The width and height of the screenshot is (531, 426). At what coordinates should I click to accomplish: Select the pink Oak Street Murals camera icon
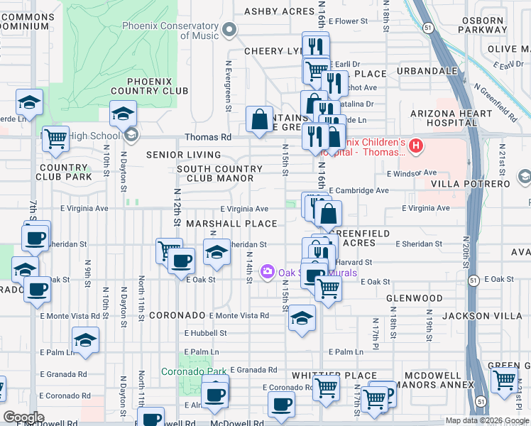268,271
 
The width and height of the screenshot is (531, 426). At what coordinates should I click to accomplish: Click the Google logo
24,417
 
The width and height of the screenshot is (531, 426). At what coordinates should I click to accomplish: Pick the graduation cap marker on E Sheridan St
217,251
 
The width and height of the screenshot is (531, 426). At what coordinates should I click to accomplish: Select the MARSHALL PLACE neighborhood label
231,224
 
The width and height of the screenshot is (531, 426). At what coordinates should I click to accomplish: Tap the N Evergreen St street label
229,84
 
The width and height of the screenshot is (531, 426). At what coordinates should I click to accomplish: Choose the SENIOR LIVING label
184,155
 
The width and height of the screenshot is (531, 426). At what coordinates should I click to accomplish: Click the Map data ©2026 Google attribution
487,420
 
